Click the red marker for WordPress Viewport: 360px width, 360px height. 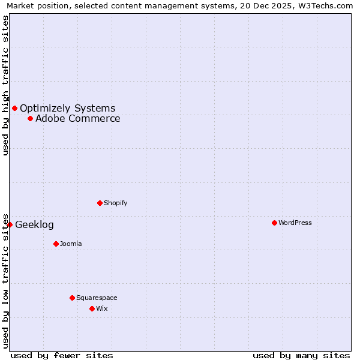(274, 223)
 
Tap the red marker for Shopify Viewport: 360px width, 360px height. (100, 203)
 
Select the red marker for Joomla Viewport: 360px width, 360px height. (56, 244)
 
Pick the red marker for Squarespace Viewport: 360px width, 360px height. (72, 298)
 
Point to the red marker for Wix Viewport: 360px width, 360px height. (92, 308)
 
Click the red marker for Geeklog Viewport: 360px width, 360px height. (10, 224)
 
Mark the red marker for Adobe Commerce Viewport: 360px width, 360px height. (30, 118)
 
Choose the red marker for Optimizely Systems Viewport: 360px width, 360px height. (14, 108)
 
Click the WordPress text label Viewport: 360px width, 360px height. (295, 223)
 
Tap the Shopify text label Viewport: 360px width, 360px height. (116, 203)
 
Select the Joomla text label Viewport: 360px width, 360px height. (71, 244)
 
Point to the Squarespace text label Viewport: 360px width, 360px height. (97, 298)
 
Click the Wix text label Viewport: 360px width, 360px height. (102, 308)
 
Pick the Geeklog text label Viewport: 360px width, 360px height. (34, 225)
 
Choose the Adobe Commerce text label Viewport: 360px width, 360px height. (78, 119)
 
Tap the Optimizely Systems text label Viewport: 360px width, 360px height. (68, 109)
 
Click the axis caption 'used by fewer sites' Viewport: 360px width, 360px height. (62, 355)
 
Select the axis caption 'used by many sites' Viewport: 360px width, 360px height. (301, 355)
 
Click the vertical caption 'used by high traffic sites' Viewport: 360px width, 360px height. (5, 85)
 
